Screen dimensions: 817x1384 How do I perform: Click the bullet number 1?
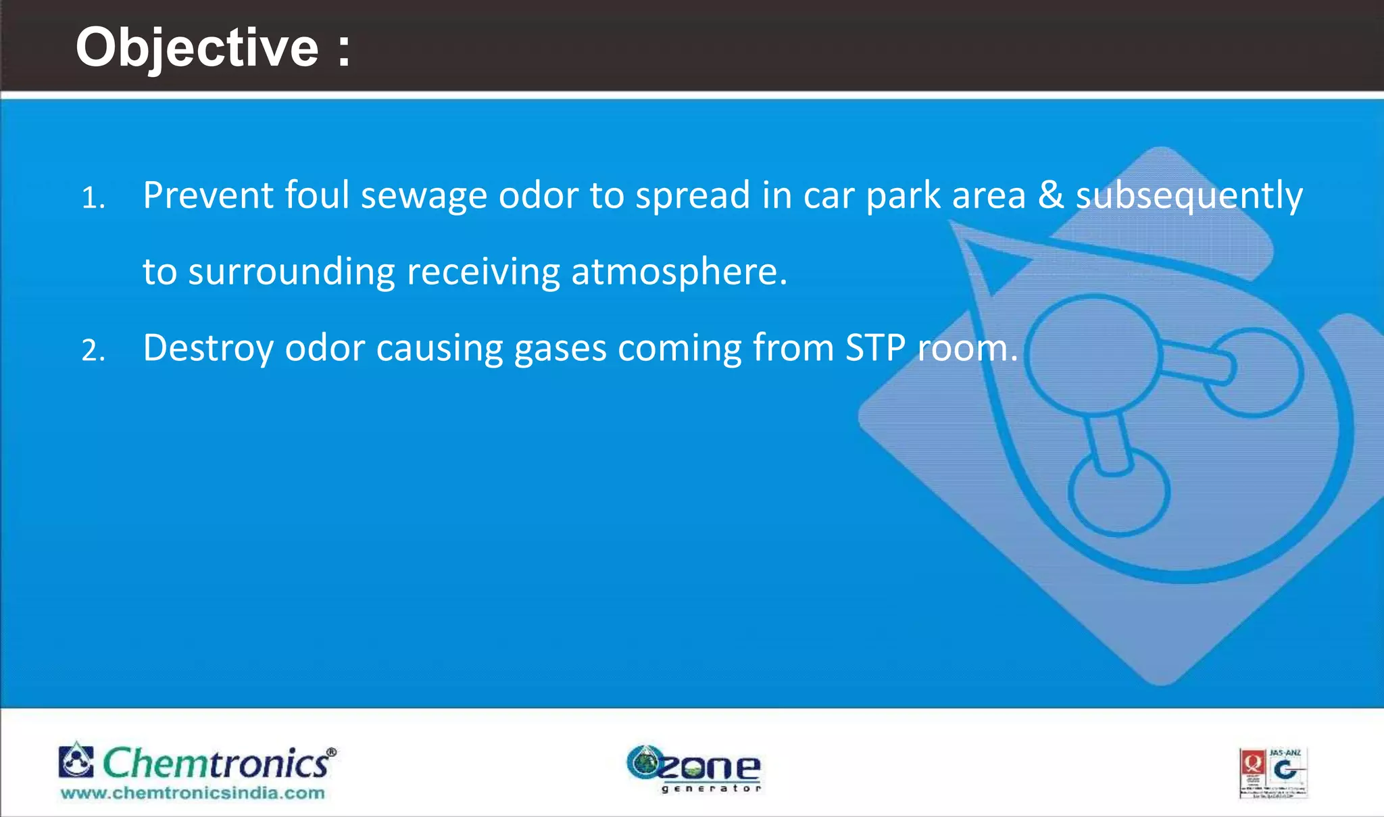tap(93, 199)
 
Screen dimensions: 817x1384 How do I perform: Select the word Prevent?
tap(207, 196)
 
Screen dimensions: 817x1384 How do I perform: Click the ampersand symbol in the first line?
tap(1050, 196)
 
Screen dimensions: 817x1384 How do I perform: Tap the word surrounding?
tap(291, 273)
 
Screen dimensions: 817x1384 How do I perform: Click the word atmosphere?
tap(679, 272)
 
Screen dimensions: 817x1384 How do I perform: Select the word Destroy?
tap(208, 349)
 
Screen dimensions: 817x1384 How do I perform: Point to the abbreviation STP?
tap(875, 348)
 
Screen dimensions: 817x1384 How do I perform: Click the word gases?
tap(560, 349)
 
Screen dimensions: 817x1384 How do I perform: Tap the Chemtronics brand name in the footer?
tap(216, 764)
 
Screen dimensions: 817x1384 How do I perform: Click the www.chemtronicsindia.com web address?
tap(193, 793)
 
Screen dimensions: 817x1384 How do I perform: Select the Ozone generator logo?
tap(693, 768)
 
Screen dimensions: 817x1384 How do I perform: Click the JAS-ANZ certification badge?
tap(1273, 773)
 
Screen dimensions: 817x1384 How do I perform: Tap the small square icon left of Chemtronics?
tap(76, 761)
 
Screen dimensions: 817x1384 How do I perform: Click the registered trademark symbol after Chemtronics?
tap(331, 751)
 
